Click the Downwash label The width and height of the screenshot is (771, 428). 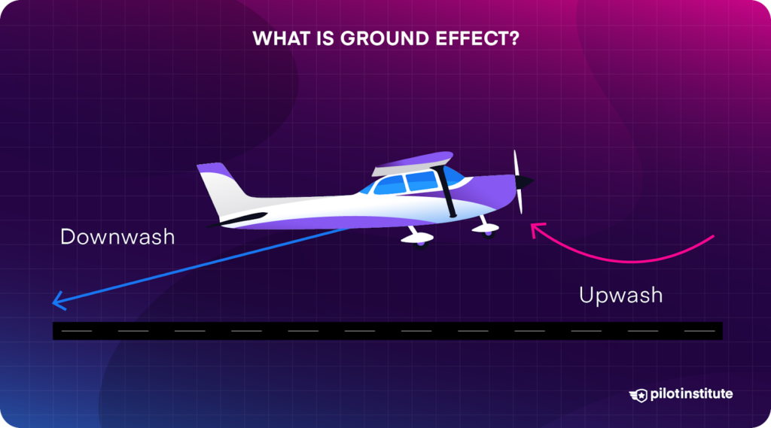click(117, 237)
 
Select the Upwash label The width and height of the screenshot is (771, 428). click(620, 295)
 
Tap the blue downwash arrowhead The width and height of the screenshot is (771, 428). click(56, 302)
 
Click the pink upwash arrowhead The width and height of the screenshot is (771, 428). click(535, 229)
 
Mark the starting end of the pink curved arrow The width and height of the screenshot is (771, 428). click(712, 237)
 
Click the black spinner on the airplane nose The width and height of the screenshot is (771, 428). click(527, 181)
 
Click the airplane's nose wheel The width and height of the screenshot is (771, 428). click(486, 228)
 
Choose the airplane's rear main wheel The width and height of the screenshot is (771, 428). click(418, 238)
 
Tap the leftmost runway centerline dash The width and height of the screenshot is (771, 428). click(76, 330)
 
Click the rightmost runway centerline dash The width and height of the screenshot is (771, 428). click(699, 330)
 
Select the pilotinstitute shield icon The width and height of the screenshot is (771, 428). click(638, 394)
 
